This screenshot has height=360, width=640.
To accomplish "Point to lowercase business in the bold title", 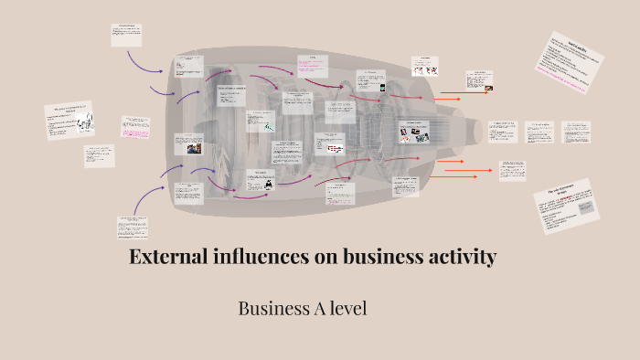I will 377,257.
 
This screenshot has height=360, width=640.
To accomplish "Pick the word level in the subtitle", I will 348,309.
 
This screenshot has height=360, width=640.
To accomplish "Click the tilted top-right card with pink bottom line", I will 575,66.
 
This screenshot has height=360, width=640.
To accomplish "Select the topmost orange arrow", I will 453,93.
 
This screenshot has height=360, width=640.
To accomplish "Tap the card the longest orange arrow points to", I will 511,170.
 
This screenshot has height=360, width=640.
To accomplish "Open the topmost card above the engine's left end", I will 125,36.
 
